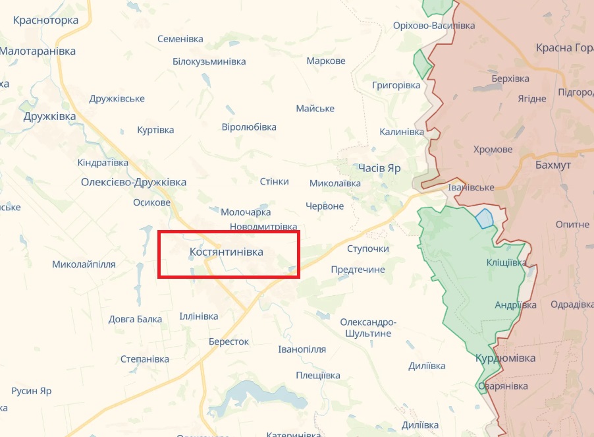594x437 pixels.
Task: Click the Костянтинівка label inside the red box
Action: (x=226, y=252)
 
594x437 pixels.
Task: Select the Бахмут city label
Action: (x=553, y=165)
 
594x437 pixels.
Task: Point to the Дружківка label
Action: (x=49, y=117)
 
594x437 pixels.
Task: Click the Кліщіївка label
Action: (x=506, y=262)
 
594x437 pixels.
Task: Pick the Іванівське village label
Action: (x=471, y=188)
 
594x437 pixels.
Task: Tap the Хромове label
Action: (x=493, y=150)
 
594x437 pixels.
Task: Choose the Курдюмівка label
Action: (x=505, y=359)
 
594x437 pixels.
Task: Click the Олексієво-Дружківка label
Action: (x=134, y=182)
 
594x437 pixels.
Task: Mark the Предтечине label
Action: (x=358, y=270)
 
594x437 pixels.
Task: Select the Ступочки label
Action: (x=368, y=248)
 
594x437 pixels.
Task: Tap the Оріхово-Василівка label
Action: (x=443, y=26)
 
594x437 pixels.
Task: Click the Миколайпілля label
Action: (x=84, y=264)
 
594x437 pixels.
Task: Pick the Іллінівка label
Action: (x=199, y=316)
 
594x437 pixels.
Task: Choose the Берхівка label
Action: (x=510, y=78)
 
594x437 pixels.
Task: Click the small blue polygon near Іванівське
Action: (x=484, y=218)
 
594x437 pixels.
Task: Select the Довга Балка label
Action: (x=135, y=320)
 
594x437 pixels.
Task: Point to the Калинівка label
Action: (x=402, y=132)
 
